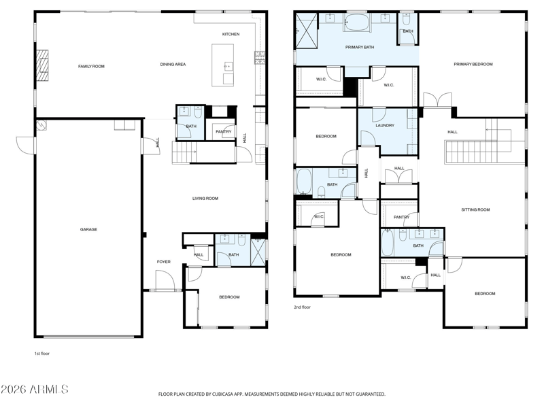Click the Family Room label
[x=91, y=66]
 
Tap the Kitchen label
[x=231, y=34]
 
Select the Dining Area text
[x=173, y=64]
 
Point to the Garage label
[x=88, y=229]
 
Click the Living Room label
[x=205, y=199]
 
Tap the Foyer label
[x=164, y=262]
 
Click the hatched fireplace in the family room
[x=42, y=65]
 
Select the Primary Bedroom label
[x=473, y=64]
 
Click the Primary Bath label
[x=360, y=47]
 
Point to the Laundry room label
[x=385, y=125]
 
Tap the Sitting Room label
[x=475, y=209]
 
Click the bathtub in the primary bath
[x=357, y=22]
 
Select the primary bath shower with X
[x=307, y=30]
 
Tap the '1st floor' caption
[x=41, y=354]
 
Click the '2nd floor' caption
[x=302, y=307]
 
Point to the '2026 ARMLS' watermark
[x=35, y=389]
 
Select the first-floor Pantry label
[x=224, y=132]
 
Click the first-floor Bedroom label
[x=229, y=297]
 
